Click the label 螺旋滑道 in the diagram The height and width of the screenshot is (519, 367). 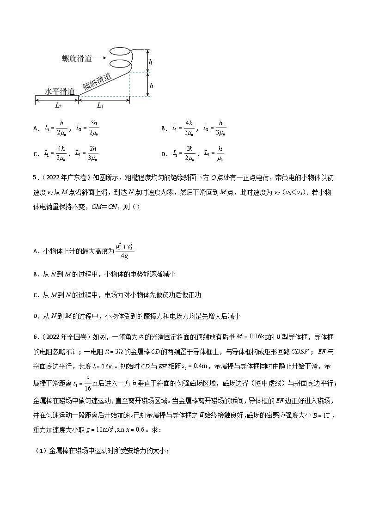pos(77,58)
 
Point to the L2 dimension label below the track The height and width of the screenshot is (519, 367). pos(58,105)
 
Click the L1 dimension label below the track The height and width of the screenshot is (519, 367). pos(100,105)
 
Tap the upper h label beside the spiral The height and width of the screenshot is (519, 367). pos(151,61)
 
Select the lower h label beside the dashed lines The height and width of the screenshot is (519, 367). pos(151,85)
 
